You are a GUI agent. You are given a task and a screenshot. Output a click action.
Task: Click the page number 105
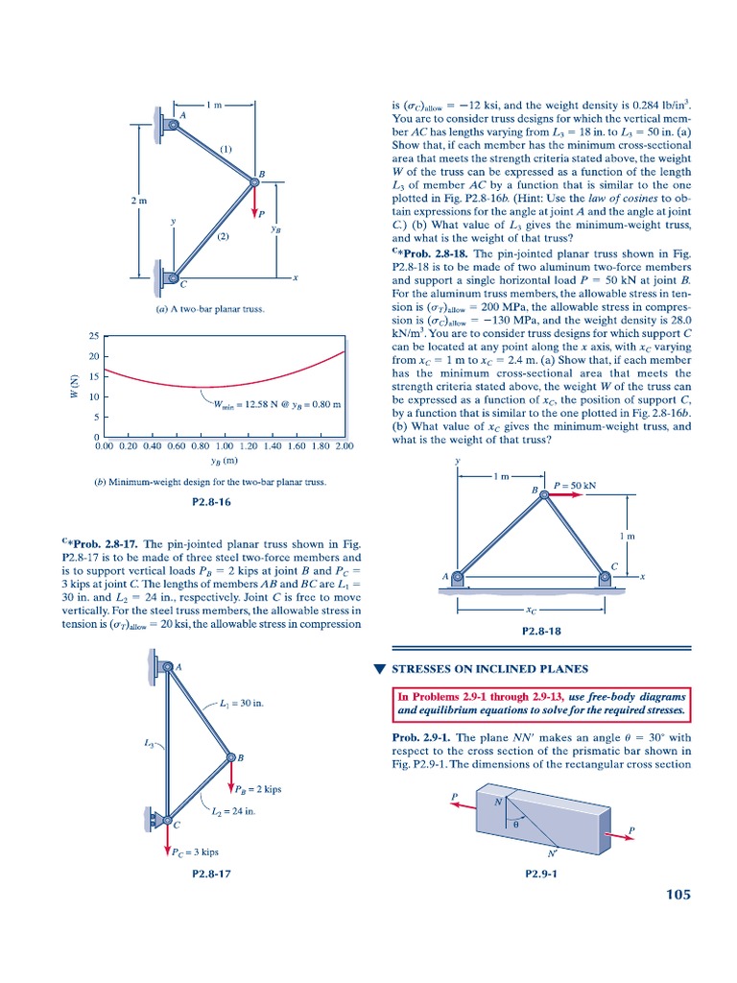click(677, 895)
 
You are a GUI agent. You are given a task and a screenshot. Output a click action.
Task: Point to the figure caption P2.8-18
click(541, 631)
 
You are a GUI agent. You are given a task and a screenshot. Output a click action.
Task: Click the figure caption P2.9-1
click(541, 874)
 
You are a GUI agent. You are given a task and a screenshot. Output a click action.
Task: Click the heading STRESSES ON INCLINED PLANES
click(499, 669)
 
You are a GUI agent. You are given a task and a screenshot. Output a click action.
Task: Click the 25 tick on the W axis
click(93, 336)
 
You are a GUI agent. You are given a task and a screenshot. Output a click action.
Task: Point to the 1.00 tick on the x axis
click(225, 446)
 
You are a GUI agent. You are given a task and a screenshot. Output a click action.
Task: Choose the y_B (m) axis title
click(224, 461)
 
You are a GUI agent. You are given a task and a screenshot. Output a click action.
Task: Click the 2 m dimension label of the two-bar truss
click(139, 201)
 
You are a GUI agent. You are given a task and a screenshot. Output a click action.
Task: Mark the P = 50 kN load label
click(575, 486)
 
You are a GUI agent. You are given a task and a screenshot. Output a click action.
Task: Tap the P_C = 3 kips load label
click(196, 851)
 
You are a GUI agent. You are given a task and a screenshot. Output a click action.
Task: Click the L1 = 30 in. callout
click(241, 704)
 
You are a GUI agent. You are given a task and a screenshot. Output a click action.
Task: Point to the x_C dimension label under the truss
click(532, 609)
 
